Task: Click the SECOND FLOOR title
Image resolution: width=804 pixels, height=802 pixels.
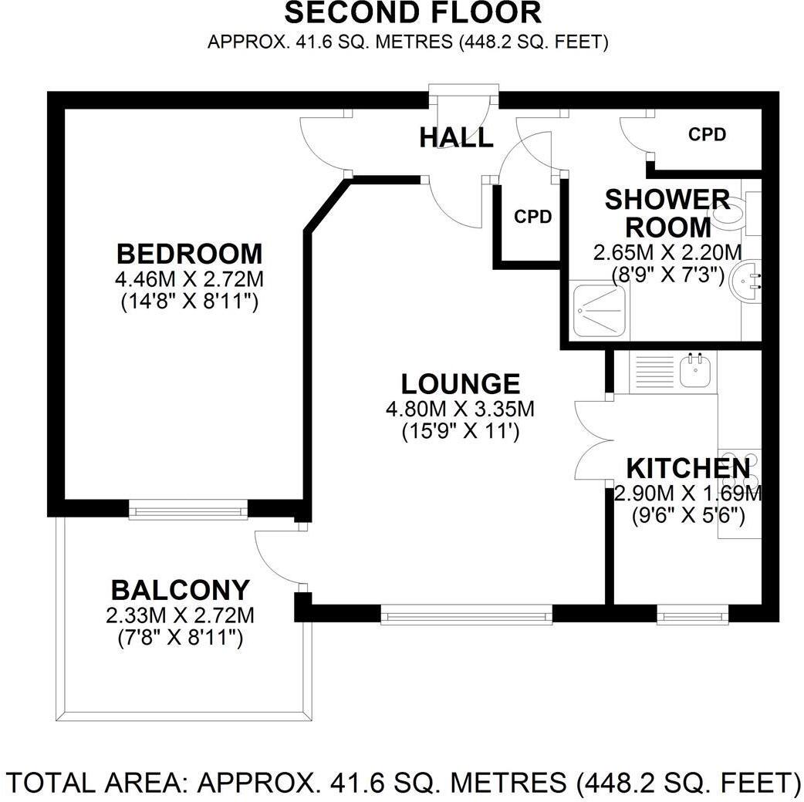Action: [412, 13]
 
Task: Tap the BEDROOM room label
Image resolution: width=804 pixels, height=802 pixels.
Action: [189, 253]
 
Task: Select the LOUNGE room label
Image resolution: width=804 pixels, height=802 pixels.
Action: [461, 383]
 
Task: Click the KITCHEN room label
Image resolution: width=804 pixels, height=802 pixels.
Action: [687, 468]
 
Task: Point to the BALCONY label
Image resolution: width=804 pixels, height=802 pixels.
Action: [181, 590]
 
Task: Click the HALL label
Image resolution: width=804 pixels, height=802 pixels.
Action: [456, 137]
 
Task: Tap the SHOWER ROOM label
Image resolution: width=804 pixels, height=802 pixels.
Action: [667, 213]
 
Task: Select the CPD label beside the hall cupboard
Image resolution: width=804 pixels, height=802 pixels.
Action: [533, 217]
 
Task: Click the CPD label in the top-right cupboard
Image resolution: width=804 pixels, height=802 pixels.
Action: [707, 135]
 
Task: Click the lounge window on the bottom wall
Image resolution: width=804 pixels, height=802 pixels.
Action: [466, 614]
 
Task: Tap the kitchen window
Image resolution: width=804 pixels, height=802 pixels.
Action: [692, 615]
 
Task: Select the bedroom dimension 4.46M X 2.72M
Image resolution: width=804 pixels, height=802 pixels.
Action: [189, 278]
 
